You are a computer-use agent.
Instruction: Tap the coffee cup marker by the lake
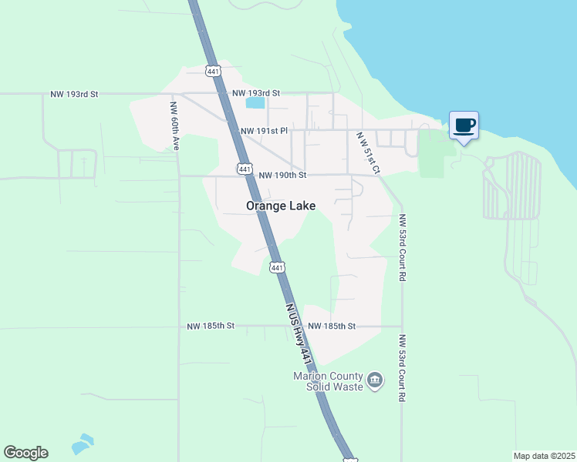(464, 126)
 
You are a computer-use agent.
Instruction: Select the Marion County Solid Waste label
(327, 381)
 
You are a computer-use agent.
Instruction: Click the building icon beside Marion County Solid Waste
(375, 380)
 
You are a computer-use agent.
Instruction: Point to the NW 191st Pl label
(263, 131)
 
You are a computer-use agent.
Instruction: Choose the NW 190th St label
(282, 175)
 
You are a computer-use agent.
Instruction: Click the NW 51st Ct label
(369, 152)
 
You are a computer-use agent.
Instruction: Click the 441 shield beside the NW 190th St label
(244, 168)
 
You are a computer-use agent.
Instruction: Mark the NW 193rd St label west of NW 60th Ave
(74, 94)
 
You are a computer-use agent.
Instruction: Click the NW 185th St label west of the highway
(210, 326)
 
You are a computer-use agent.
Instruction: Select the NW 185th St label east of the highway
(331, 326)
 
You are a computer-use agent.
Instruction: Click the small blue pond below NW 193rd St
(255, 102)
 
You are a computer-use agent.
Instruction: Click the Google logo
(26, 453)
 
